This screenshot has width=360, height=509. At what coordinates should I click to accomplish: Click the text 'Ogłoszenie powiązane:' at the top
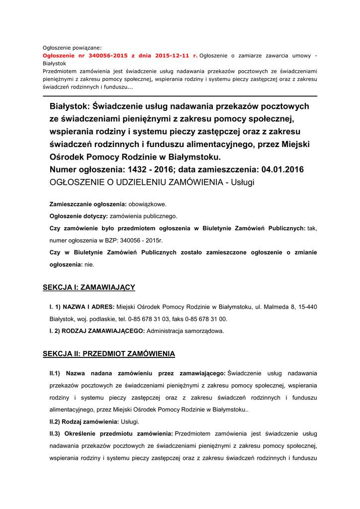[x=72, y=48]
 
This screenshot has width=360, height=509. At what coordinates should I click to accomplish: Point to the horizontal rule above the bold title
[x=180, y=96]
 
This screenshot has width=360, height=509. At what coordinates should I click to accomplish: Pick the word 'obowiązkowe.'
[x=148, y=204]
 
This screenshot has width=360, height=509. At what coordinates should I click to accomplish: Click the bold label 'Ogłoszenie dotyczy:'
[x=79, y=216]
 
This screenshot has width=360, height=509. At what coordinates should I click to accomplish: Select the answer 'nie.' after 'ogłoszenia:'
[x=90, y=265]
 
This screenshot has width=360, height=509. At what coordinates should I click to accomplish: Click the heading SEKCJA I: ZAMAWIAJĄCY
[x=89, y=287]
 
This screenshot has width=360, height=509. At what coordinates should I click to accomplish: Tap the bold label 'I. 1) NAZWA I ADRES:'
[x=82, y=307]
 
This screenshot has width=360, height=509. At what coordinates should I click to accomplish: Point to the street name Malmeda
[x=274, y=307]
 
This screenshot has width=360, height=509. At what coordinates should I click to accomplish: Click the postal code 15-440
[x=306, y=307]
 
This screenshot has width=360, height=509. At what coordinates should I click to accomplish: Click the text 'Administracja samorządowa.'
[x=185, y=331]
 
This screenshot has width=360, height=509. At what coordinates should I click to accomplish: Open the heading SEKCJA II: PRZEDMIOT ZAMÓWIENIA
[x=109, y=354]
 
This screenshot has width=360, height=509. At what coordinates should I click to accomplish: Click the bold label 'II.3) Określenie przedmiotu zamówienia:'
[x=111, y=433]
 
